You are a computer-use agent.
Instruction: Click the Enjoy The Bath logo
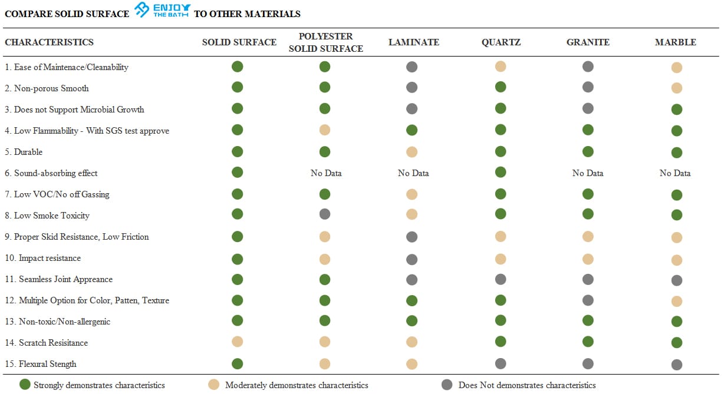[163, 10]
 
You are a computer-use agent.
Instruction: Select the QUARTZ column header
[501, 42]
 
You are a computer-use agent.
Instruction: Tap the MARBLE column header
[676, 42]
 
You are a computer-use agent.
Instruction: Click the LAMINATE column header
[414, 42]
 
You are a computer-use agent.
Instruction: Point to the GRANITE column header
[588, 42]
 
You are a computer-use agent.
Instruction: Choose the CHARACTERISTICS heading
[49, 42]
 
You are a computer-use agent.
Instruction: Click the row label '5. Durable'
[24, 152]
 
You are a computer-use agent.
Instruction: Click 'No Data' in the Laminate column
[413, 173]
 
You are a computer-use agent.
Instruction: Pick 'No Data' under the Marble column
[675, 173]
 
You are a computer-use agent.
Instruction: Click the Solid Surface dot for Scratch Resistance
[237, 342]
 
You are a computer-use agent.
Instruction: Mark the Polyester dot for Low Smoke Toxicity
[325, 214]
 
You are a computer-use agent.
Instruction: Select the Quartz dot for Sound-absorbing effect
[500, 172]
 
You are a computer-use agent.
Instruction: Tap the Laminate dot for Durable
[412, 152]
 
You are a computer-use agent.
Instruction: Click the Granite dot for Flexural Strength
[588, 364]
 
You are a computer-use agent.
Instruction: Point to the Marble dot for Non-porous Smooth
[677, 88]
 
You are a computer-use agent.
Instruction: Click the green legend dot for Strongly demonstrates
[25, 384]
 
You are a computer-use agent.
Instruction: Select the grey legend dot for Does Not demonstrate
[447, 385]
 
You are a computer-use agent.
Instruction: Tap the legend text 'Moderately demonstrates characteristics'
[297, 385]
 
